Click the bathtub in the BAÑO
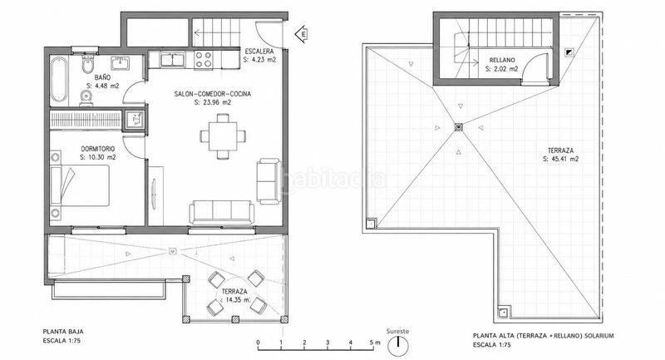click(59, 80)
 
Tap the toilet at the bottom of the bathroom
click(86, 98)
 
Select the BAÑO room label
click(102, 77)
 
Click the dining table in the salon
click(223, 136)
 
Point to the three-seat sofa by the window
click(222, 212)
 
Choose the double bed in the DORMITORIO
click(80, 185)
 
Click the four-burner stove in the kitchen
click(203, 59)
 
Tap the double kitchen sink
click(173, 60)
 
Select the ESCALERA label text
click(259, 52)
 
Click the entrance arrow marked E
click(302, 33)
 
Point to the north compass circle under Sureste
click(398, 346)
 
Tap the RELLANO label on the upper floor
click(502, 60)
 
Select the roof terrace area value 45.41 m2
click(560, 159)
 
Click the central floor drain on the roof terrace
click(459, 126)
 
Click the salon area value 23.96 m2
click(213, 102)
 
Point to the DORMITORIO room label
click(98, 149)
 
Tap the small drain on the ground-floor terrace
click(172, 251)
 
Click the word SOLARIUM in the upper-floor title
click(598, 336)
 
